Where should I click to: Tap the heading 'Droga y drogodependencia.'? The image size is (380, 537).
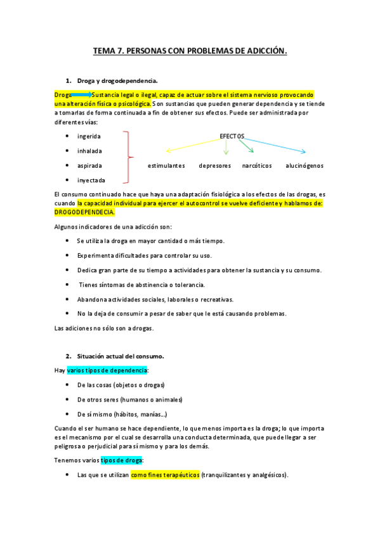117,81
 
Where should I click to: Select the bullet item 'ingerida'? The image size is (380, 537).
89,136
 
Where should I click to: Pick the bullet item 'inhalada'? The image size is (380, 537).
89,151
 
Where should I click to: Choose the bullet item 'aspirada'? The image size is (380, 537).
89,165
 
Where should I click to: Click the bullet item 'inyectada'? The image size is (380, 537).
91,180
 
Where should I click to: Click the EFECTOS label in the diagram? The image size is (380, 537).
232,136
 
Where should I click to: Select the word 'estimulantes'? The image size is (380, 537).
166,165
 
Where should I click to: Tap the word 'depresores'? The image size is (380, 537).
214,165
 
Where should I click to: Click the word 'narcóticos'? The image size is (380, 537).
257,165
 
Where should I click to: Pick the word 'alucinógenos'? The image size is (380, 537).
305,165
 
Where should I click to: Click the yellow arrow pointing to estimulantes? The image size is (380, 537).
193,146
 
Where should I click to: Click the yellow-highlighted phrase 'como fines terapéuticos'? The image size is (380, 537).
165,474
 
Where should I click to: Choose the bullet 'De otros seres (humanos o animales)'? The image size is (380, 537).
129,400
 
